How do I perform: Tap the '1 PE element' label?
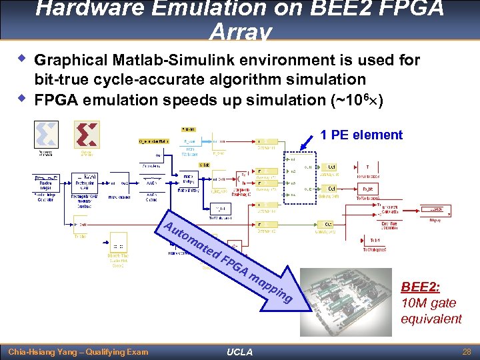click(361, 135)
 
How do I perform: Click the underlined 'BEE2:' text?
click(420, 287)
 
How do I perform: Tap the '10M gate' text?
click(428, 303)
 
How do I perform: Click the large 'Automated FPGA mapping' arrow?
click(233, 260)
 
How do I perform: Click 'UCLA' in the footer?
click(239, 352)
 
